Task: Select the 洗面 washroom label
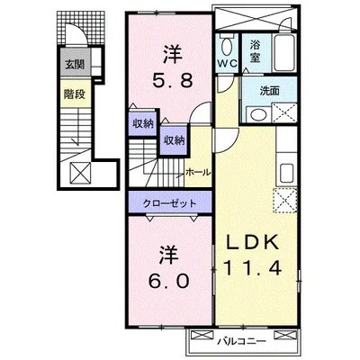coord(268,91)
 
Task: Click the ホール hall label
coord(197,171)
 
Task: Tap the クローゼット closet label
coord(168,202)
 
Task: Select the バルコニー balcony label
coord(246,341)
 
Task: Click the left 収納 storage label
coord(143,124)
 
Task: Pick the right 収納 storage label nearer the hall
coord(174,139)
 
